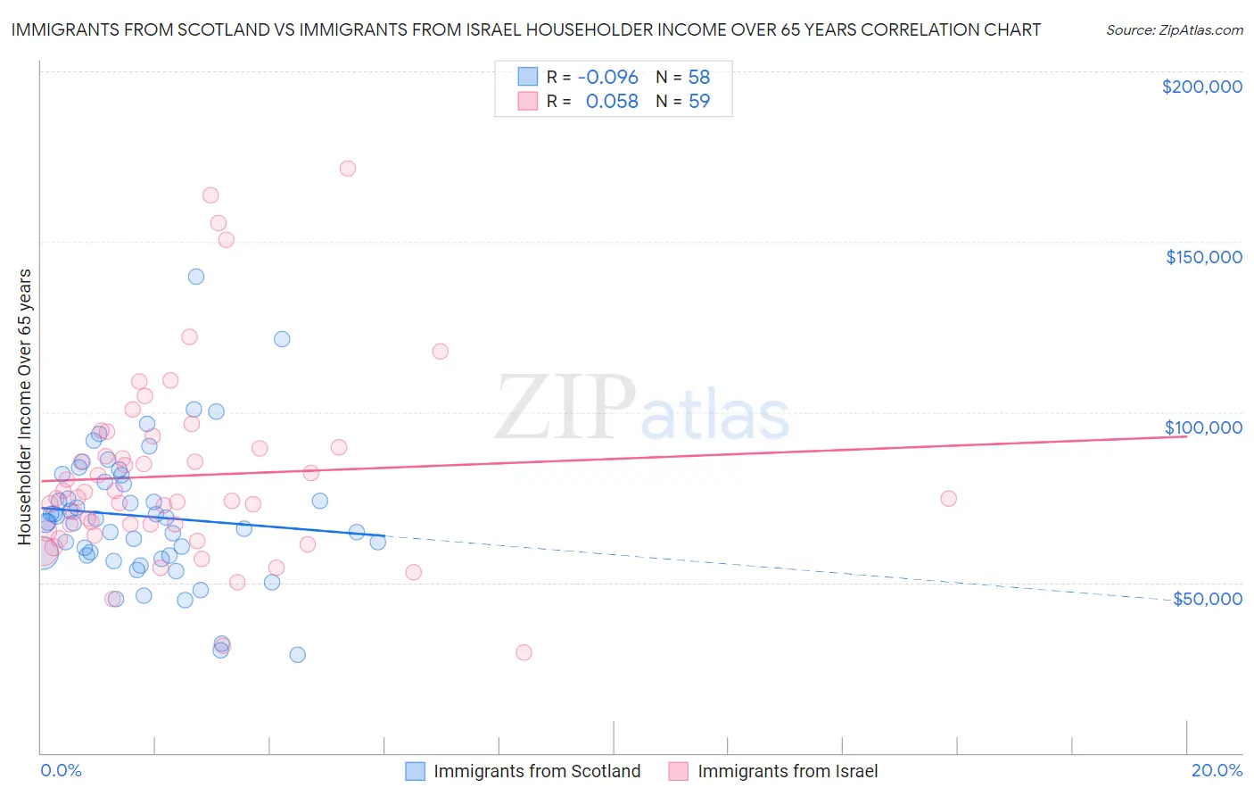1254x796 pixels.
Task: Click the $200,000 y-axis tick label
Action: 1201,87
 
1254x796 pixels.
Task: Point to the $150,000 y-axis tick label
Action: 1203,257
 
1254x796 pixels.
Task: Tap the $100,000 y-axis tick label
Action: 1203,427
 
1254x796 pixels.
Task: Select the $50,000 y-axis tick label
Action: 1207,598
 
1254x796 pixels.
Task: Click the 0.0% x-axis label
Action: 61,770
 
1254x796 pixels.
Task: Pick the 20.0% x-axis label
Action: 1217,770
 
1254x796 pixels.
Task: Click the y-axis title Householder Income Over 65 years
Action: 24,406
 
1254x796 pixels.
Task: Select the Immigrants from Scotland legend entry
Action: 524,771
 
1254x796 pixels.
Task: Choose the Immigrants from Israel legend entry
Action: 773,771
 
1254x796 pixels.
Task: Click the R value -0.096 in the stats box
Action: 607,78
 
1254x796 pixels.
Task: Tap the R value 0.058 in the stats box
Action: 612,102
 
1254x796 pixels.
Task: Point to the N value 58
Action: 698,78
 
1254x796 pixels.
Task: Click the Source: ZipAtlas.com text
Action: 1174,29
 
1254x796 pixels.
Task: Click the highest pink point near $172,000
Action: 348,169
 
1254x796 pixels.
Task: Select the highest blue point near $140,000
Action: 196,277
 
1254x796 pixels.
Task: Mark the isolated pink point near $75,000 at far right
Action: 948,499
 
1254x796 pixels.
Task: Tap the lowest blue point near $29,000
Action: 298,655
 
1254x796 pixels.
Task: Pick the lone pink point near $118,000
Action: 440,352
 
